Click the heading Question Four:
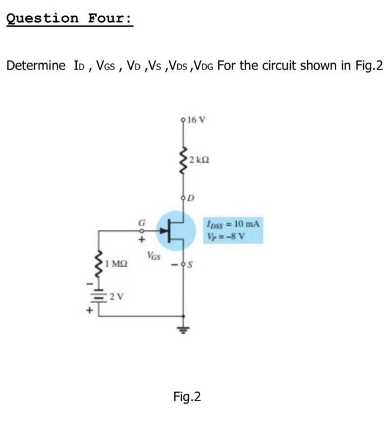pos(68,18)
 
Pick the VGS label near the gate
pos(154,254)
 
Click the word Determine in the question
pos(35,66)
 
